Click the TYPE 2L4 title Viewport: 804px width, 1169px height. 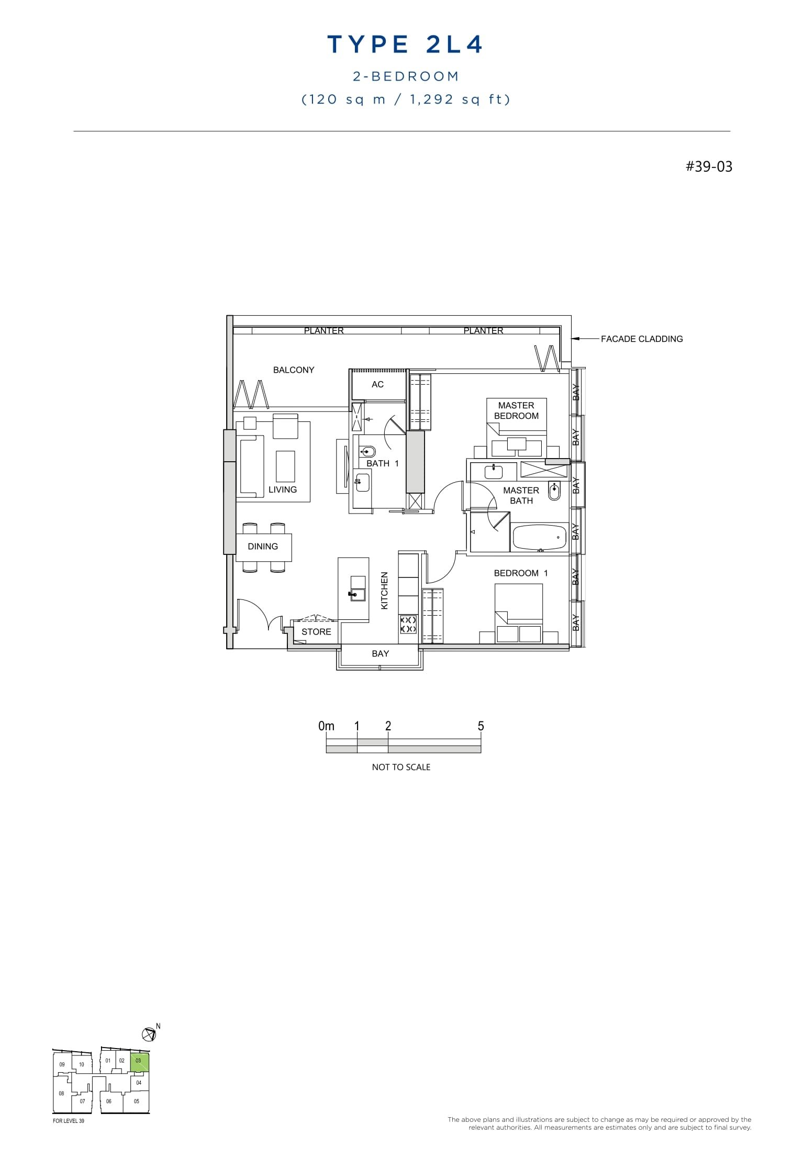pos(405,45)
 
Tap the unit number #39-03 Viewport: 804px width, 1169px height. pos(709,167)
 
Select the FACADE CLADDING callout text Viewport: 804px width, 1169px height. pos(641,339)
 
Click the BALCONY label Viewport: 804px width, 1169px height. pos(294,370)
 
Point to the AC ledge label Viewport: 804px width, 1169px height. pos(377,385)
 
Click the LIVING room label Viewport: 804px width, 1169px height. pos(283,490)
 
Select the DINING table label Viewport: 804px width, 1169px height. pos(263,547)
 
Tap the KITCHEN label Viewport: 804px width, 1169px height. pos(385,591)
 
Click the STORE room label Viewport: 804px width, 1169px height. pos(316,632)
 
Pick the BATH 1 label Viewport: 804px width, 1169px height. pos(382,464)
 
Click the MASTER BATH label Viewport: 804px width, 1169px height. pos(521,496)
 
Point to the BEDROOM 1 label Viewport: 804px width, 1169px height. pos(521,573)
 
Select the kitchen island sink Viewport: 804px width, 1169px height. pos(358,594)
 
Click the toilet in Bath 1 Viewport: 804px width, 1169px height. pos(367,451)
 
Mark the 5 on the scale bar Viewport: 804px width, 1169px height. pos(481,727)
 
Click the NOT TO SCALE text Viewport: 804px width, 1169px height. pos(401,767)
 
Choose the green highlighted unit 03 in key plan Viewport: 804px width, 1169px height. pos(139,1063)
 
